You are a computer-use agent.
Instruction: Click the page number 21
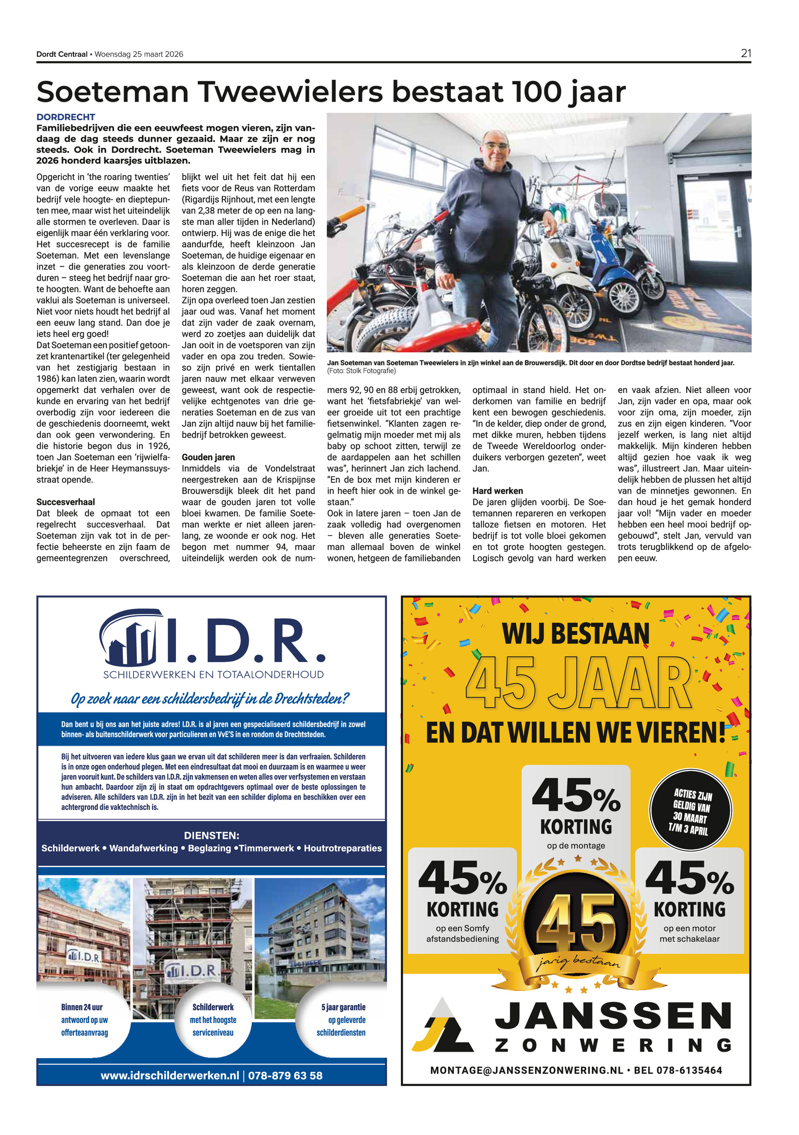(746, 53)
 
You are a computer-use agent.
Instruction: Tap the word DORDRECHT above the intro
(65, 117)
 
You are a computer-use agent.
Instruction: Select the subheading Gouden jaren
(208, 457)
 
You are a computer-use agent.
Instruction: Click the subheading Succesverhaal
(65, 502)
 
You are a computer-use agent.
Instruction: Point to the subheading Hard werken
(497, 491)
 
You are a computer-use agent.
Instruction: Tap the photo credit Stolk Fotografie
(370, 371)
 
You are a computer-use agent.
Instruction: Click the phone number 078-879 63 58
(285, 1075)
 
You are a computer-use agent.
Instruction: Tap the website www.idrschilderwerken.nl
(170, 1075)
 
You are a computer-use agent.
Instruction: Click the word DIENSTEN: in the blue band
(211, 836)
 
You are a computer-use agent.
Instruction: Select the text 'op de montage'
(576, 846)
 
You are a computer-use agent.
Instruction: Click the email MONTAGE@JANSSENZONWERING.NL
(526, 1070)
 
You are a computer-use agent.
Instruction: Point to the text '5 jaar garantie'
(343, 1007)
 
